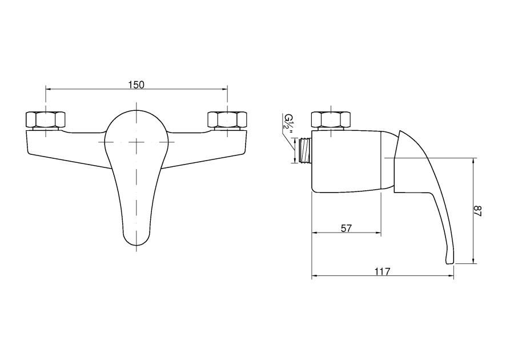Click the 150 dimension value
(x=136, y=85)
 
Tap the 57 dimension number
(x=346, y=228)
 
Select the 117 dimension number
(x=382, y=271)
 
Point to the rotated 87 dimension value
(x=477, y=210)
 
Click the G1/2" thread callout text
(x=289, y=125)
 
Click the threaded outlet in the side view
(x=305, y=150)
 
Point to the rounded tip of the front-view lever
(x=136, y=241)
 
